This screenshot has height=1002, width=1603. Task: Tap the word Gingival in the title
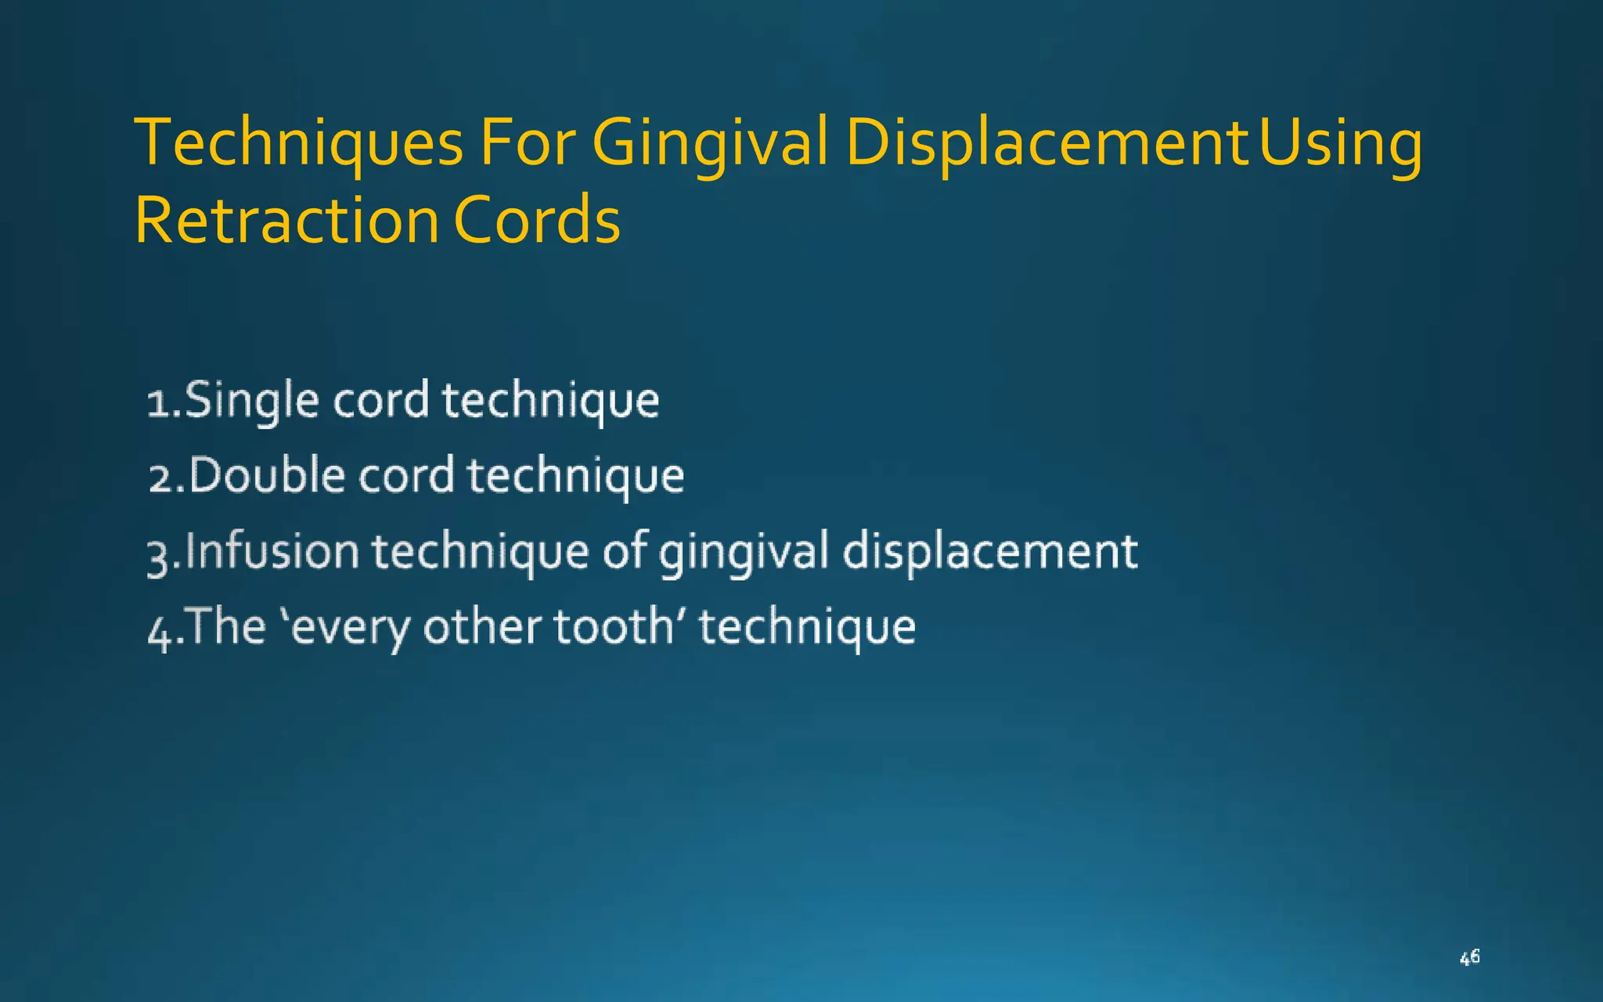(709, 143)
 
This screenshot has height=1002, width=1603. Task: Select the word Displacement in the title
(1046, 143)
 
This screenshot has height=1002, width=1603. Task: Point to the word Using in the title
(1341, 143)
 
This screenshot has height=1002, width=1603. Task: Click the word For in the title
(528, 143)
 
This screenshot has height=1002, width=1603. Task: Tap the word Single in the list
(252, 400)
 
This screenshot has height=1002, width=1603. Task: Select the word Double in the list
(267, 475)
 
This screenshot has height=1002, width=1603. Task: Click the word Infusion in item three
(272, 550)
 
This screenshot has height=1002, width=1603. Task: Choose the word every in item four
(351, 628)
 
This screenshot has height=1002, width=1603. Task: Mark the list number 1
(159, 403)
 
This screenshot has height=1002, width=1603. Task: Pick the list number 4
(160, 631)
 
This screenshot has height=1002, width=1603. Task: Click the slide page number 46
(1469, 957)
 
